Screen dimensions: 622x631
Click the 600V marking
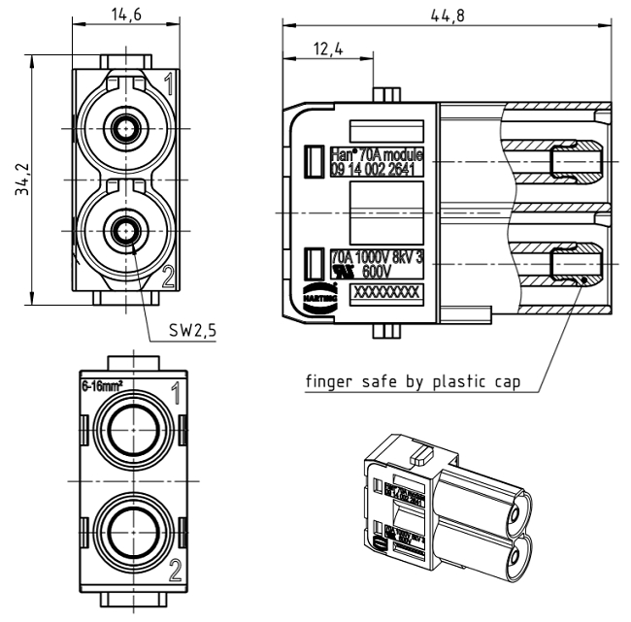(x=387, y=272)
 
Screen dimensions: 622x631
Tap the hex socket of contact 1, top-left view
(x=123, y=126)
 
